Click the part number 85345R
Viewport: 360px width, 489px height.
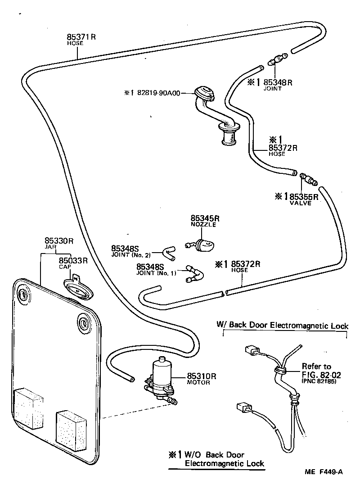204,218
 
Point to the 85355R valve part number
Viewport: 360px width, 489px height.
304,196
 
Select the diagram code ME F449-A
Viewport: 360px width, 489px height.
324,471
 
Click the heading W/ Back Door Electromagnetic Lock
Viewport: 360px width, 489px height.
282,325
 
